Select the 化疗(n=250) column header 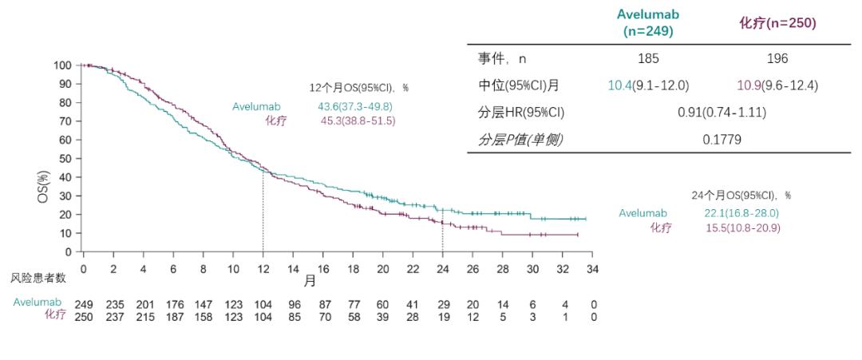click(x=777, y=24)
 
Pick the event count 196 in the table click(x=777, y=58)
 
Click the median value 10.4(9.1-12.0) click(x=648, y=85)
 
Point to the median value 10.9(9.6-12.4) click(x=777, y=85)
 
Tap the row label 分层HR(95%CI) click(x=516, y=113)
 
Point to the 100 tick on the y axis click(x=63, y=65)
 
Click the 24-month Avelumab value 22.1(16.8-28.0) click(x=741, y=212)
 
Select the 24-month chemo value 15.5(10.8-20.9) click(x=741, y=227)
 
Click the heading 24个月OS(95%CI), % click(x=741, y=196)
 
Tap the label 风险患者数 click(x=38, y=278)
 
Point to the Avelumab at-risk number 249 click(x=83, y=304)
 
